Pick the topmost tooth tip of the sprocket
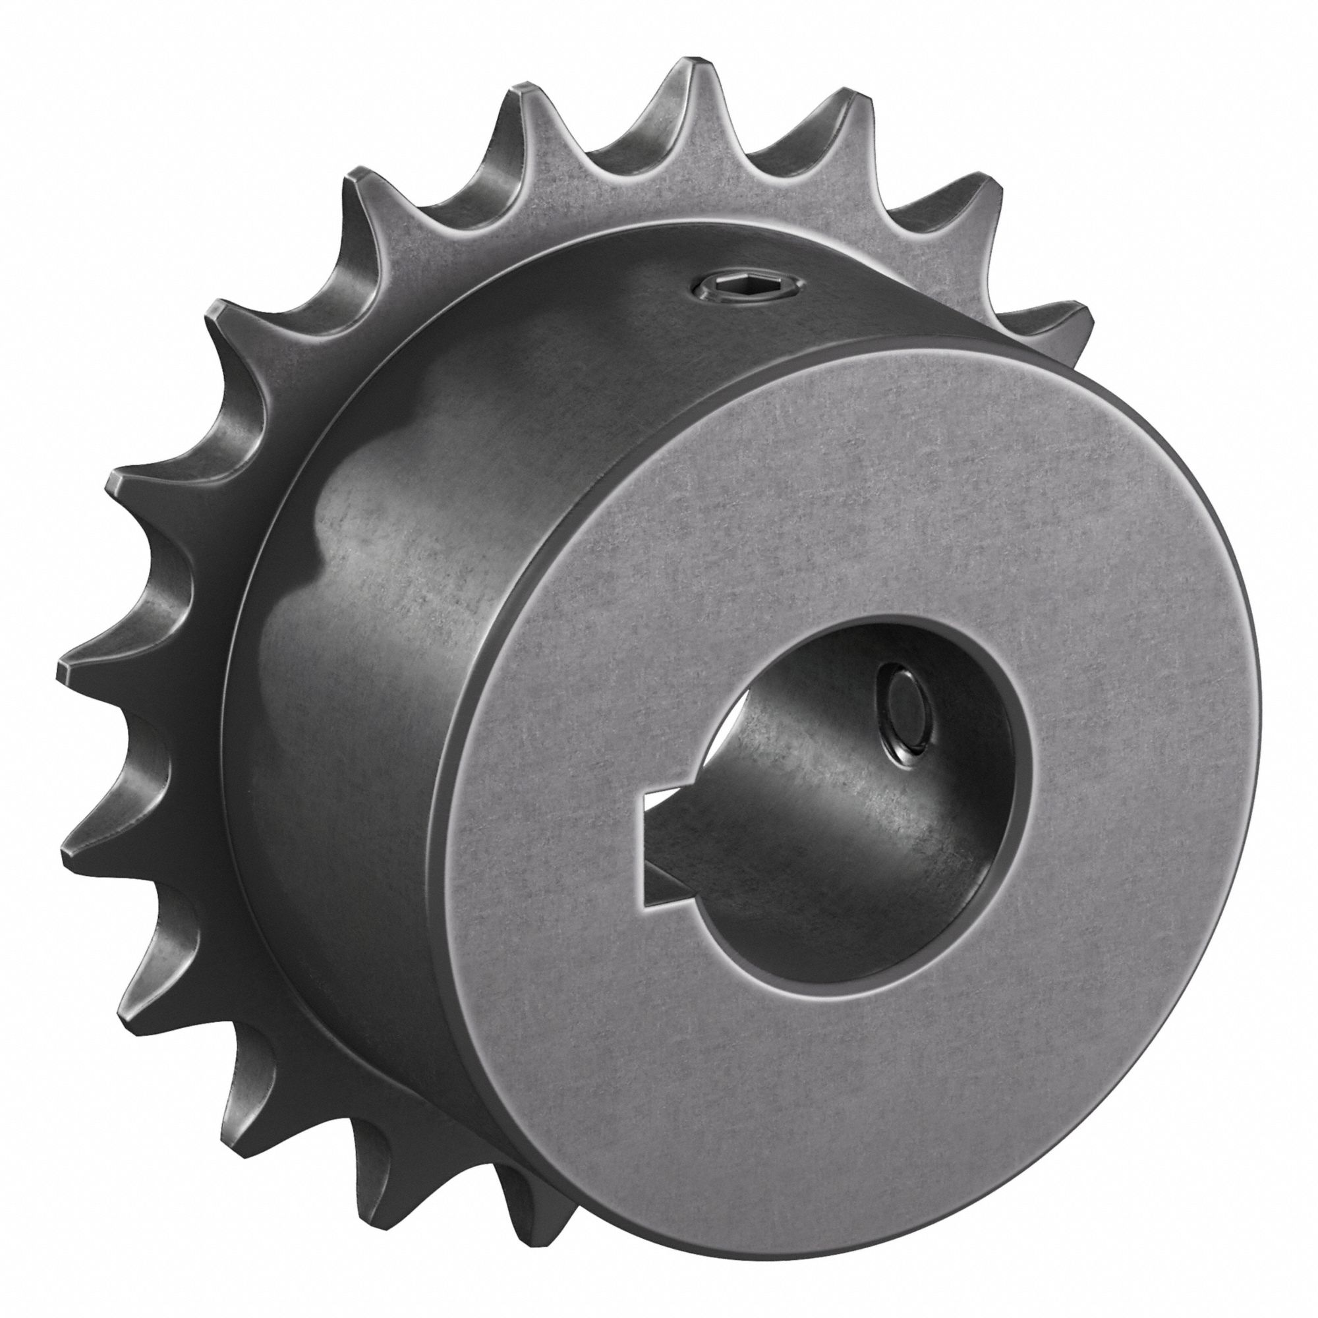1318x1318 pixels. (689, 69)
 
